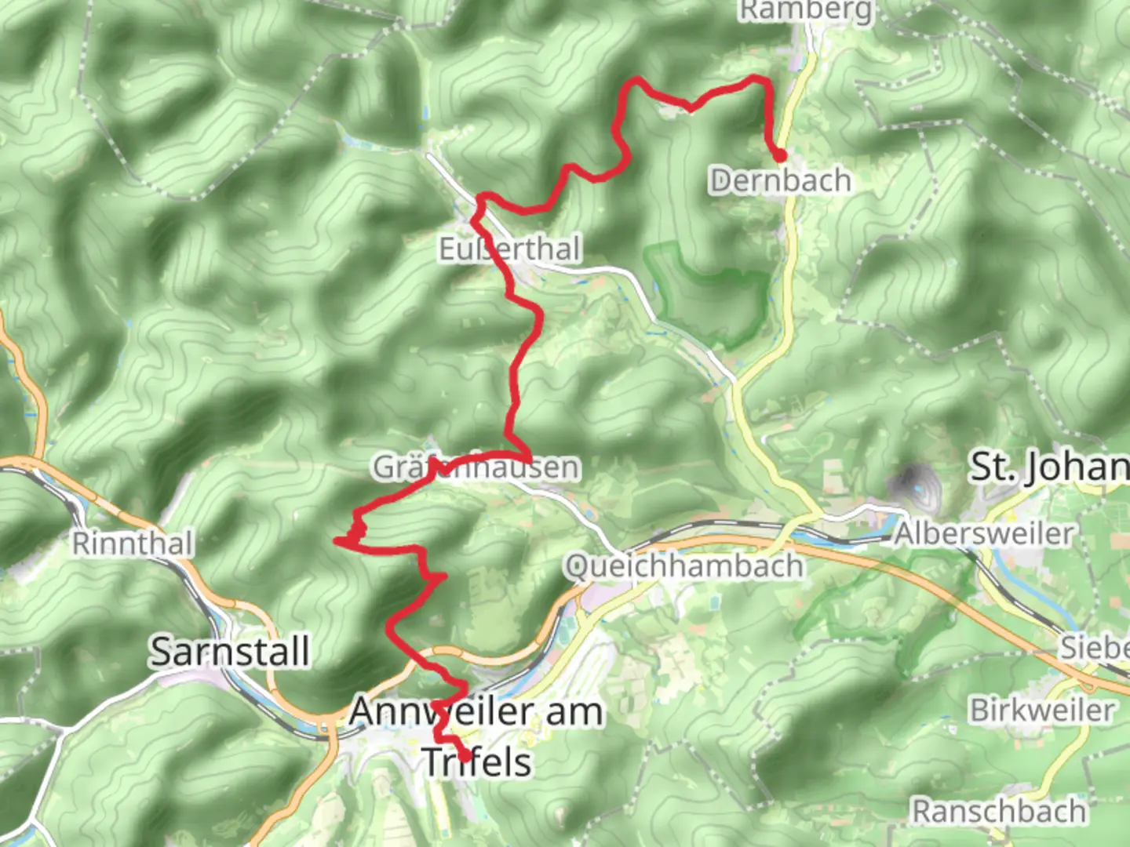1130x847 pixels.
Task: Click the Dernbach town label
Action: tap(780, 181)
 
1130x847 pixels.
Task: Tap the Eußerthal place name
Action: tap(509, 249)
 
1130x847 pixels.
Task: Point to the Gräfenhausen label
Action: tap(476, 467)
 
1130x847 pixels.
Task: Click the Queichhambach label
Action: tap(683, 565)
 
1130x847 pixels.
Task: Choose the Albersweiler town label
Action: tap(983, 534)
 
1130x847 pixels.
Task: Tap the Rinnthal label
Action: tap(132, 543)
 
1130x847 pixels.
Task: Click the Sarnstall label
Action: tap(229, 652)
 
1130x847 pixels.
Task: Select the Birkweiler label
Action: tap(1042, 711)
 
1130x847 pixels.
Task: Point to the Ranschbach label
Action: tap(998, 811)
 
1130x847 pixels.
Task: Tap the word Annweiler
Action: tap(444, 712)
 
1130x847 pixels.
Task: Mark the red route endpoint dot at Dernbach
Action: tap(780, 156)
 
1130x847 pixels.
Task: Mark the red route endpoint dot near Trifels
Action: tap(465, 757)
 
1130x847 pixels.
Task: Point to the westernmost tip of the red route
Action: tap(337, 540)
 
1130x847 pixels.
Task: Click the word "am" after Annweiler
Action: tap(574, 712)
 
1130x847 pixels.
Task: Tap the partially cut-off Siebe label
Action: tap(1095, 648)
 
